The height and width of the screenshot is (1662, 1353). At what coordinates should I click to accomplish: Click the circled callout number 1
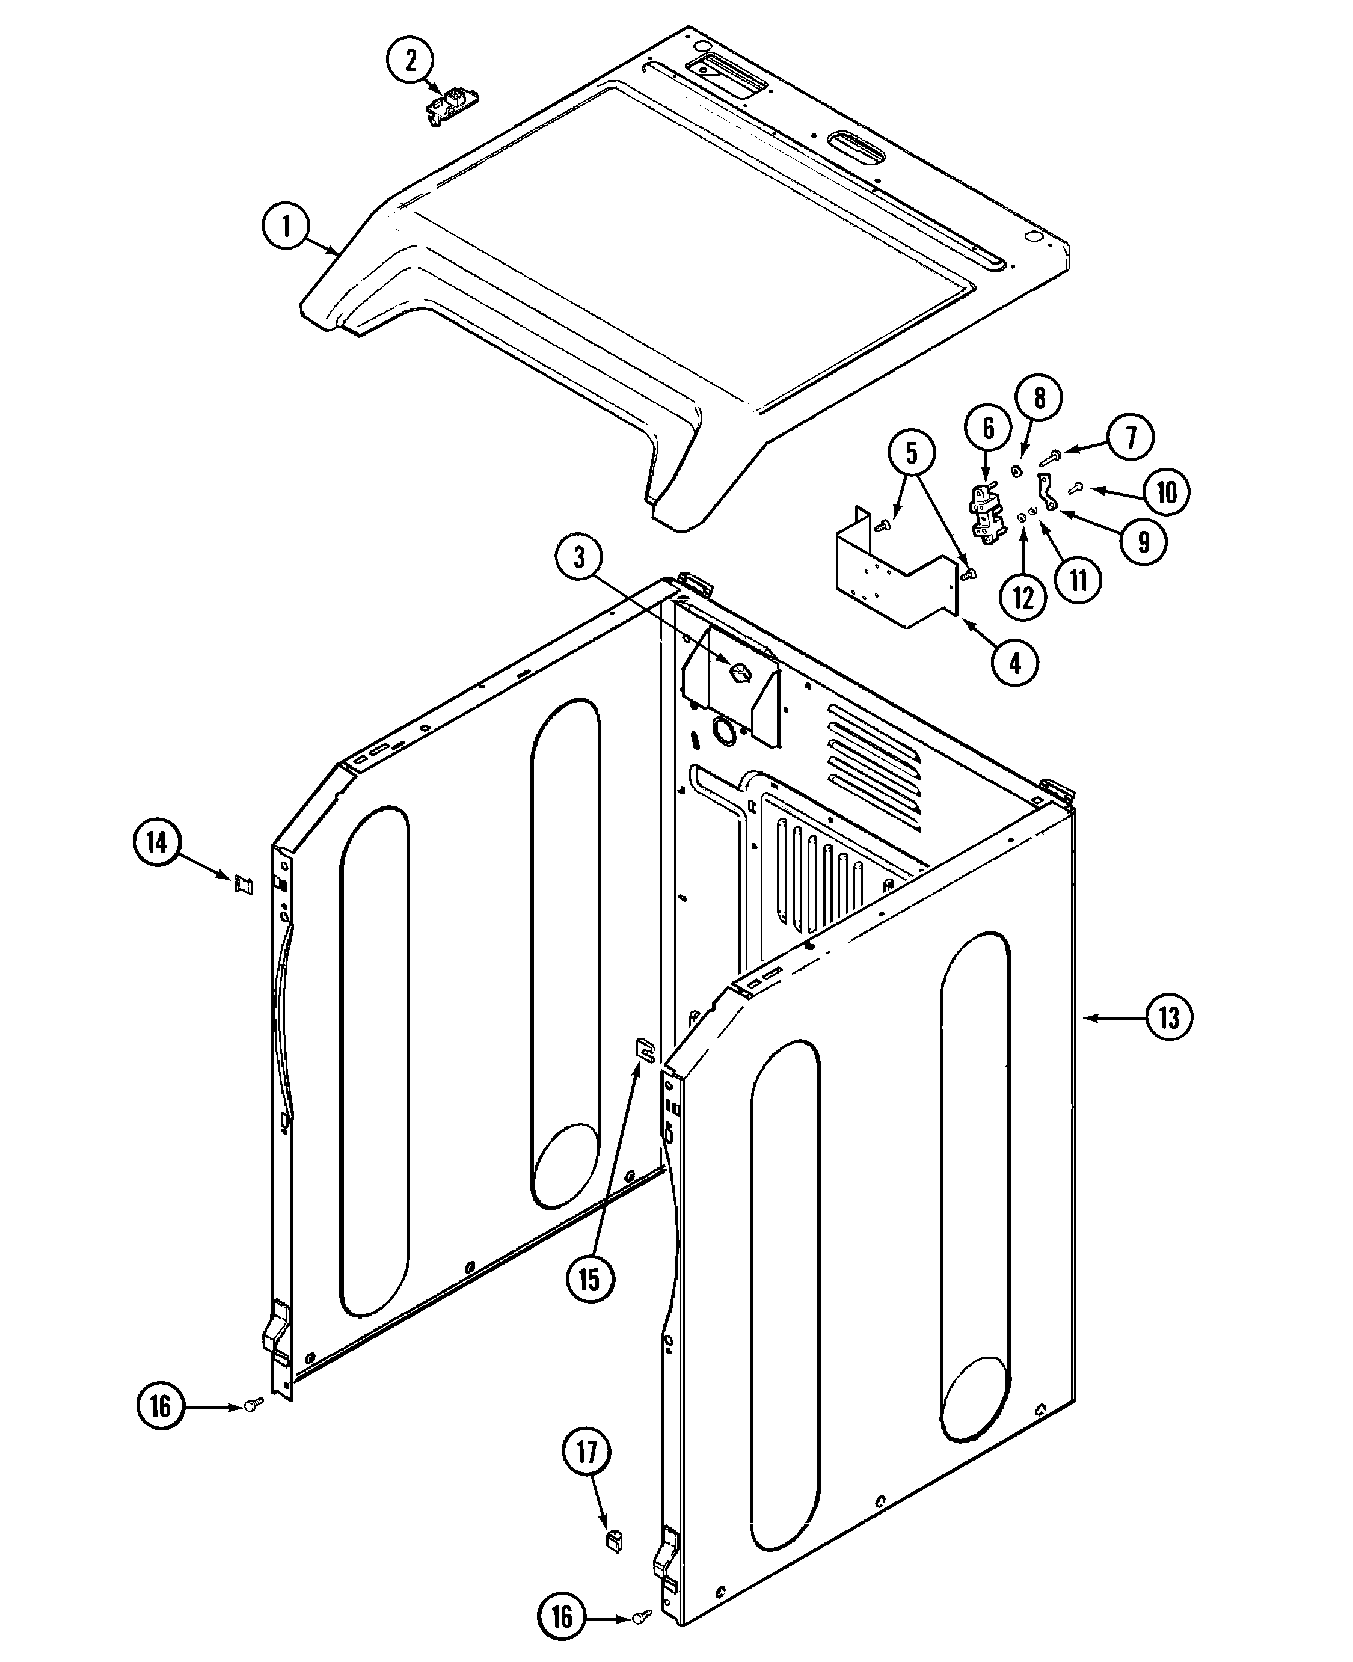pyautogui.click(x=286, y=226)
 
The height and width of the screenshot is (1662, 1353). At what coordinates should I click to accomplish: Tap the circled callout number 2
pyautogui.click(x=411, y=60)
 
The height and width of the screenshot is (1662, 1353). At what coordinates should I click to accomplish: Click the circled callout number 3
pyautogui.click(x=579, y=558)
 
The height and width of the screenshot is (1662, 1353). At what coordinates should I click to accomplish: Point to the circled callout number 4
pyautogui.click(x=1015, y=663)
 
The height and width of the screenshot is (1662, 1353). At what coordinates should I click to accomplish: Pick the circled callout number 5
pyautogui.click(x=911, y=453)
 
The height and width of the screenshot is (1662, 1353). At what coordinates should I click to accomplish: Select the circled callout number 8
pyautogui.click(x=1039, y=398)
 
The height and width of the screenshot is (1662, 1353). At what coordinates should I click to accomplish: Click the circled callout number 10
pyautogui.click(x=1166, y=492)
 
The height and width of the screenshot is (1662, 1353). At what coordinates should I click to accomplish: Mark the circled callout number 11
pyautogui.click(x=1078, y=580)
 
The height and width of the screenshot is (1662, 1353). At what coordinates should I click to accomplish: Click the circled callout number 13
pyautogui.click(x=1169, y=1017)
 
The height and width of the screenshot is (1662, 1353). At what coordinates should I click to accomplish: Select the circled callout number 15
pyautogui.click(x=590, y=1278)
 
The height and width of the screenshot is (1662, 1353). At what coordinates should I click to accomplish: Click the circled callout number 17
pyautogui.click(x=586, y=1452)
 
